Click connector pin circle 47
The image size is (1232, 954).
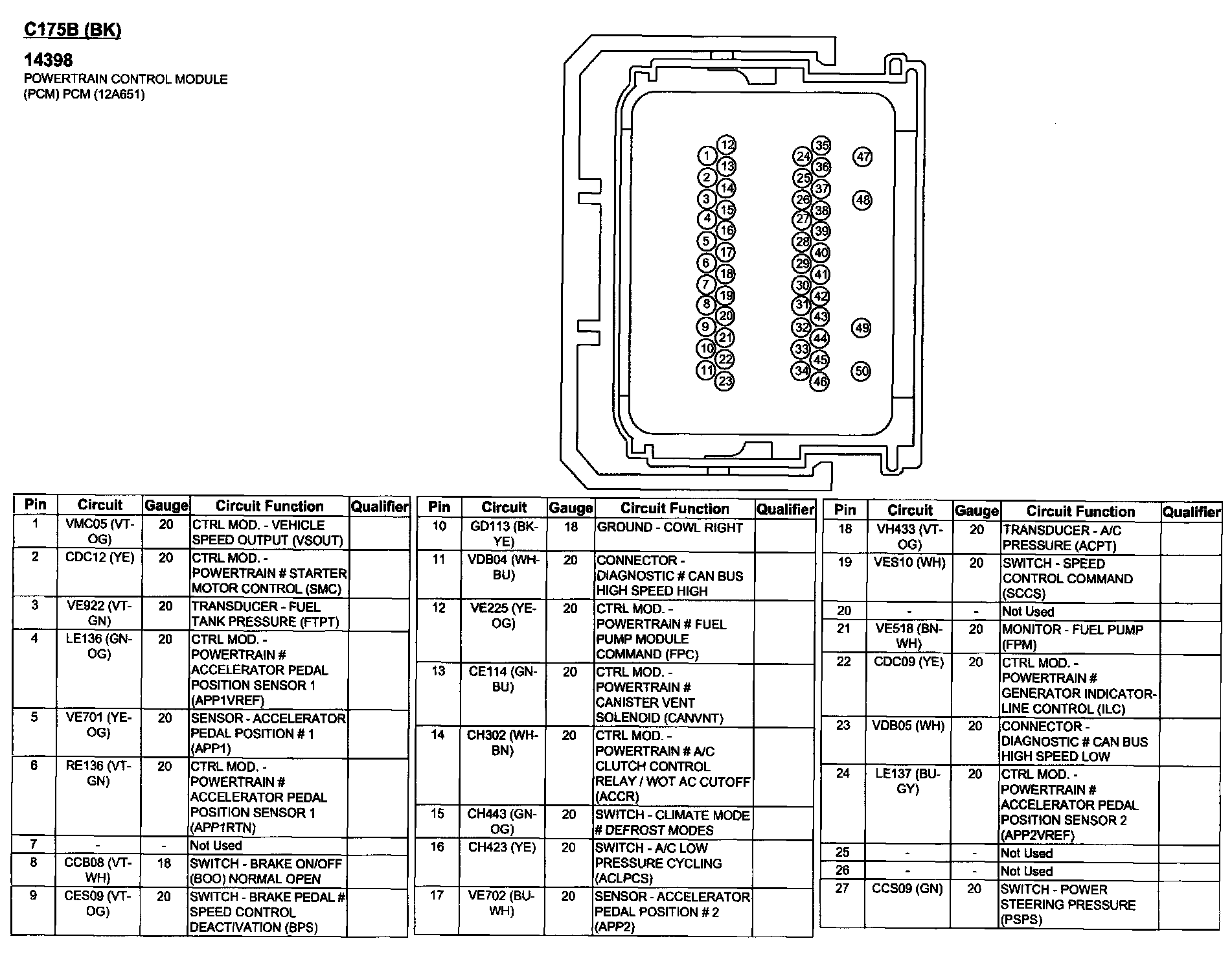[863, 157]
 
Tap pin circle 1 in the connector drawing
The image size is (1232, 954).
[707, 156]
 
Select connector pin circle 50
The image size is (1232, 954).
[861, 371]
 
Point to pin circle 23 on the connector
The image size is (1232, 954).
[724, 381]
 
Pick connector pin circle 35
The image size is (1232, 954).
[821, 145]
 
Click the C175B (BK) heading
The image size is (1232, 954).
[73, 30]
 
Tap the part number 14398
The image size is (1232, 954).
[49, 60]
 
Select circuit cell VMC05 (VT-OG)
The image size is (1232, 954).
[100, 531]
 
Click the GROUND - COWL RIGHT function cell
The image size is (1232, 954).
[670, 528]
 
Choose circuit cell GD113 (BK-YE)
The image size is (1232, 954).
[504, 534]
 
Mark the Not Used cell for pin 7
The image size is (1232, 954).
[216, 846]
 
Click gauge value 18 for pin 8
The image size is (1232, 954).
[165, 863]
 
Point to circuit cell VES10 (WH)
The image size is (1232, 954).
[909, 563]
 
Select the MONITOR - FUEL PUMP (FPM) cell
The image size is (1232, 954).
[1072, 636]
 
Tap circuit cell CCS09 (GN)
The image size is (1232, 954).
[907, 889]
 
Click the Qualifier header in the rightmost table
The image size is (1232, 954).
[1192, 512]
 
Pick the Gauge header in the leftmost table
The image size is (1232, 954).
[166, 506]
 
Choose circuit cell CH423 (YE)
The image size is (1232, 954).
[502, 848]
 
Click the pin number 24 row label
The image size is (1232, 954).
[843, 773]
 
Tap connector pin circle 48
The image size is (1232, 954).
[862, 200]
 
